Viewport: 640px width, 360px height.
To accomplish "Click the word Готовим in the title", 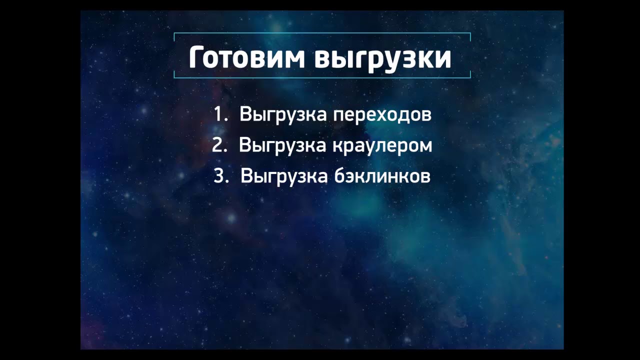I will coord(247,58).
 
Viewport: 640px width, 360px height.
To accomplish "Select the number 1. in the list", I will coord(220,114).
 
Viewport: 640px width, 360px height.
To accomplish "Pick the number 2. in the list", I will coord(219,145).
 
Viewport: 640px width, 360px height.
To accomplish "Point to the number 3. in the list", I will coord(220,176).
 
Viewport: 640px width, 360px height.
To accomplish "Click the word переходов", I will coord(382,115).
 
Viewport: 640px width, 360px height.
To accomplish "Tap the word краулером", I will coord(381,145).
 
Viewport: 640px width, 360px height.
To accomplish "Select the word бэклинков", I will coord(381,176).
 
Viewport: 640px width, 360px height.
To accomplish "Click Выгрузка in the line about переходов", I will coord(283,115).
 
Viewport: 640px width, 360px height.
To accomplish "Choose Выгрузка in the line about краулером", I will coord(283,145).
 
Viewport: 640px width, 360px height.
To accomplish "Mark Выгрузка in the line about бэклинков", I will coord(283,176).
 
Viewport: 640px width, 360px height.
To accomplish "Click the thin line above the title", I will coord(322,33).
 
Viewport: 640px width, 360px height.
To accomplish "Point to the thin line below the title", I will coord(322,77).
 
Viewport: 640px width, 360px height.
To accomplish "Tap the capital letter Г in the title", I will coord(196,58).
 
